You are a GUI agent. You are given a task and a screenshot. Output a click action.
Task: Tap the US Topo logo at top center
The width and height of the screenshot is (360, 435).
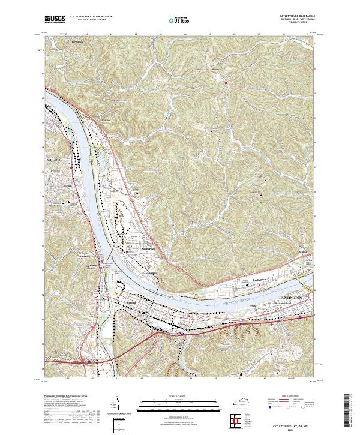tap(173, 20)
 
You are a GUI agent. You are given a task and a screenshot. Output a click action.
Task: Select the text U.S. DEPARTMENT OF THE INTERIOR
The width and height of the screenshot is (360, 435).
tap(90, 17)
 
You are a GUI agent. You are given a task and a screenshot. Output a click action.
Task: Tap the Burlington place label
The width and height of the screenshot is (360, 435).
tap(259, 280)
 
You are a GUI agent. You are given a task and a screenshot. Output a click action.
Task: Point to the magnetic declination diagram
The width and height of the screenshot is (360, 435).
tap(118, 408)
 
